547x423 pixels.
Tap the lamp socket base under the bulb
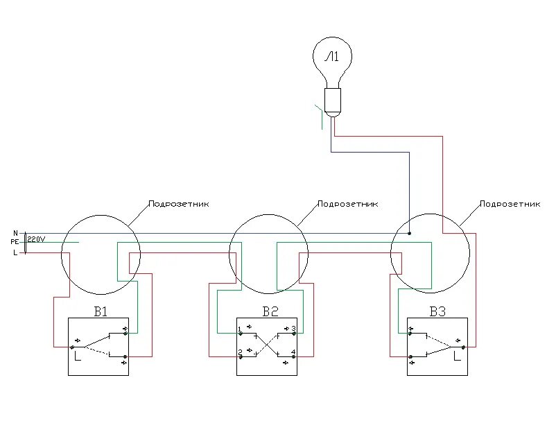333,101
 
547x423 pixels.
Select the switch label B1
101,311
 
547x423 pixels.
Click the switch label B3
437,311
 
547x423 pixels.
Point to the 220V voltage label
37,240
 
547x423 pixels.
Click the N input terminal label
15,233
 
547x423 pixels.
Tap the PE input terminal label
15,241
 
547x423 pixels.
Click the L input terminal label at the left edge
15,252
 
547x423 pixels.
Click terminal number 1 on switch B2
239,328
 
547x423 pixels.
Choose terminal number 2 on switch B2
239,352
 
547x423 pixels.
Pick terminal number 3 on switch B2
293,328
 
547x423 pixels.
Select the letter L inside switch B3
455,358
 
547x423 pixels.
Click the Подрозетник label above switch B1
178,205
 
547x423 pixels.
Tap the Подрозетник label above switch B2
347,205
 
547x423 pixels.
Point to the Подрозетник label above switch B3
510,205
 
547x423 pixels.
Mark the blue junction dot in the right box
409,234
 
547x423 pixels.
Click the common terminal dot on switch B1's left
71,347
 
